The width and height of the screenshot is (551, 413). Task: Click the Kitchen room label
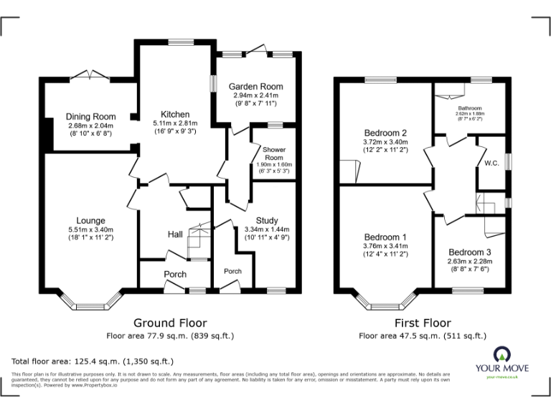pos(175,114)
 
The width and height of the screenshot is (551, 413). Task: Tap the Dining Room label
pos(91,117)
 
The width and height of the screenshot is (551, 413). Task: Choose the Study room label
pos(266,220)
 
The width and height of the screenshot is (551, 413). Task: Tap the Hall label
pos(175,234)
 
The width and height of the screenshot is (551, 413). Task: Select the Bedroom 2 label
pos(385,133)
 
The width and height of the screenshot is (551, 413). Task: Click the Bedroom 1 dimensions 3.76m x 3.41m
pos(385,245)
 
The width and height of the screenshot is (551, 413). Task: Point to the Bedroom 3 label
pos(470,252)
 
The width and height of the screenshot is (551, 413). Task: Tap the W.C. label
pos(491,163)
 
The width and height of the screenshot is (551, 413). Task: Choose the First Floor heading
pos(423,323)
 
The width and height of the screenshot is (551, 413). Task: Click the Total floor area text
pos(93,361)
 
